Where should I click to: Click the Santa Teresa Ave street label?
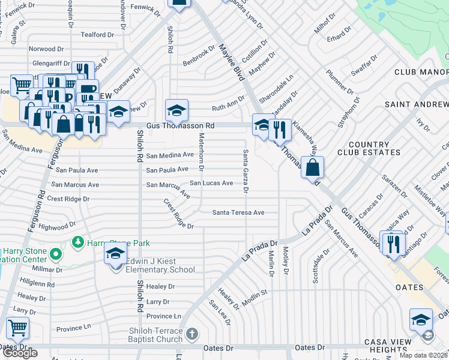click(238, 212)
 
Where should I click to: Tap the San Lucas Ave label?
click(211, 183)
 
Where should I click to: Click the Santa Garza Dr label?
click(246, 171)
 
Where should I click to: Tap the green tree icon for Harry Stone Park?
click(77, 242)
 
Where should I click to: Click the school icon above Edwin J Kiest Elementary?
click(116, 253)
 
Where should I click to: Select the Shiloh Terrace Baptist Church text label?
click(155, 335)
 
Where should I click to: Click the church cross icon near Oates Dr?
click(191, 334)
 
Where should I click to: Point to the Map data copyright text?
click(424, 355)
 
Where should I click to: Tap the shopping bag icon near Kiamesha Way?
click(313, 167)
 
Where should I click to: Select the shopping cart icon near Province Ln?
click(17, 328)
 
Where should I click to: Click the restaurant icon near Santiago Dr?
click(394, 242)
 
